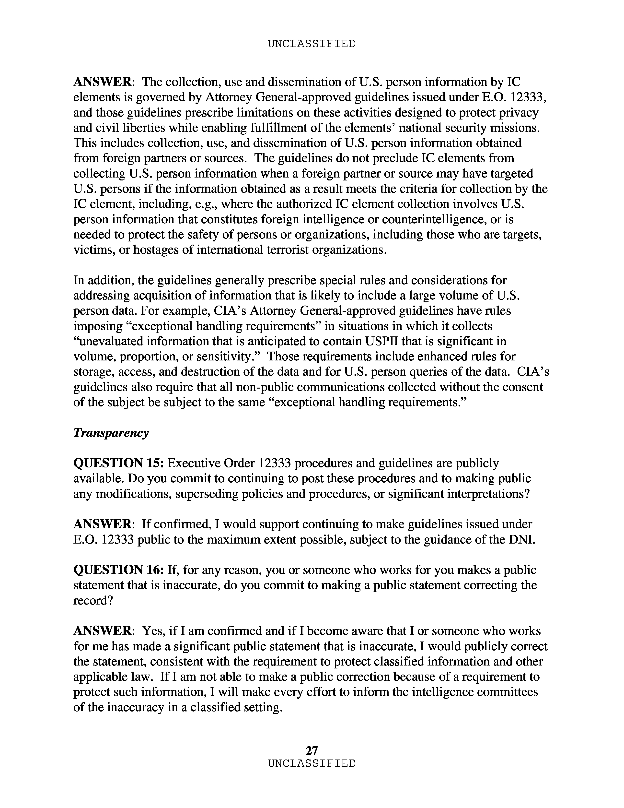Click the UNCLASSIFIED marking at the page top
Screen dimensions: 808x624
pos(312,44)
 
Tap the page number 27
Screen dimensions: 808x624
pos(312,750)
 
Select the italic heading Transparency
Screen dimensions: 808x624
pos(111,433)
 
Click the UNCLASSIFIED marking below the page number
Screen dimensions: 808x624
pos(312,764)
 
